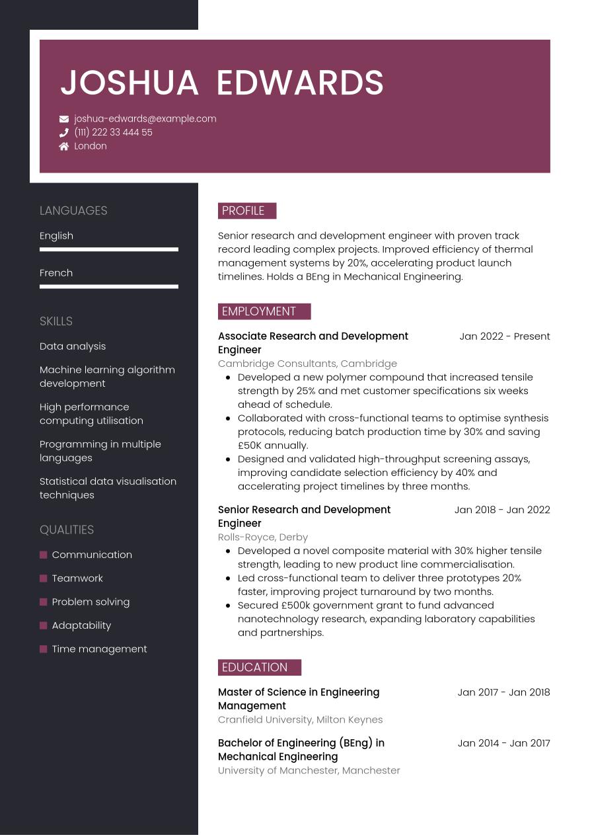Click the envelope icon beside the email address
click(64, 119)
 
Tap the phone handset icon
click(64, 132)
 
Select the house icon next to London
click(64, 146)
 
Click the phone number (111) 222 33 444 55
click(113, 132)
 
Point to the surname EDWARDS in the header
click(300, 83)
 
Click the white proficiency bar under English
click(109, 249)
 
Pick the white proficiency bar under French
click(109, 286)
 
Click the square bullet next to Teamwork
click(44, 578)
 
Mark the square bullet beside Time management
click(44, 649)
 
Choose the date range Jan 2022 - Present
click(504, 337)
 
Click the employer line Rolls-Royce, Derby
click(263, 537)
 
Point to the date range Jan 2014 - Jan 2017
click(503, 743)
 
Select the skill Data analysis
click(73, 346)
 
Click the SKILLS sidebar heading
click(56, 321)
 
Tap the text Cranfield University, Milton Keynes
click(300, 720)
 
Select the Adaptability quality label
click(81, 625)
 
